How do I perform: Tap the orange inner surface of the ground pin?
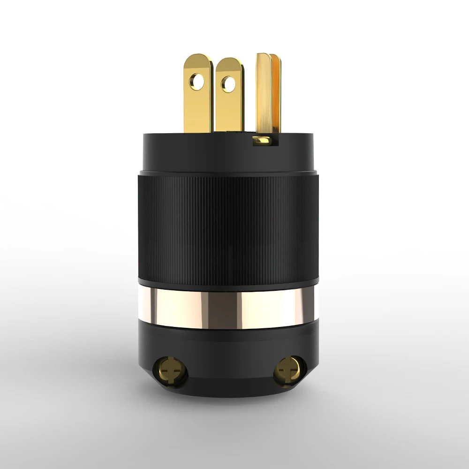click(275, 94)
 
